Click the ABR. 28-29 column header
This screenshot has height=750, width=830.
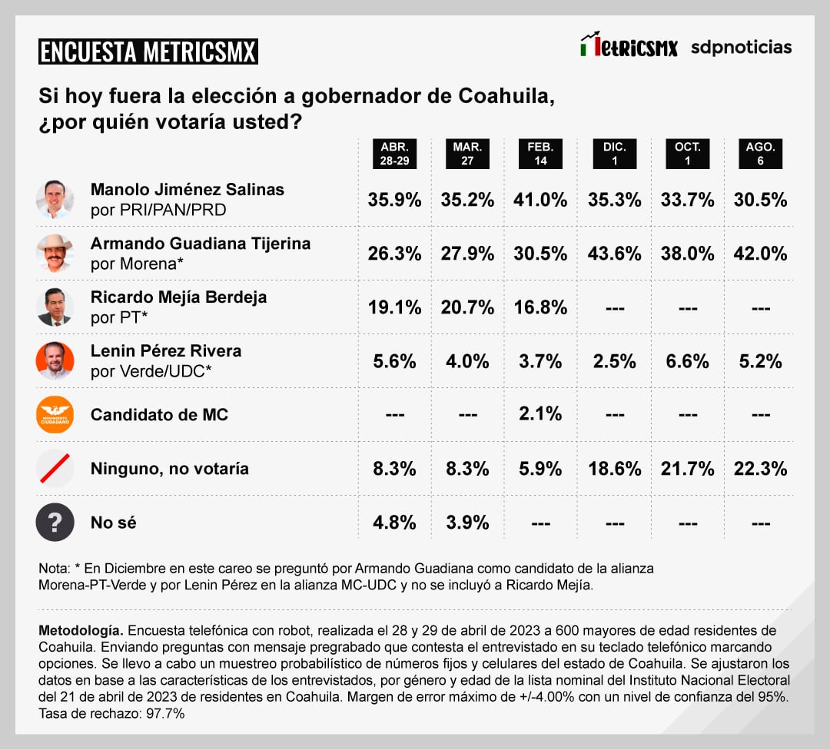(x=394, y=154)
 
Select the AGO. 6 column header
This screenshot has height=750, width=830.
(x=760, y=154)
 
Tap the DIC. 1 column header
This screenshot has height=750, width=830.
(x=615, y=154)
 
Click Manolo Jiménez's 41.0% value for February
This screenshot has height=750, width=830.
(x=540, y=200)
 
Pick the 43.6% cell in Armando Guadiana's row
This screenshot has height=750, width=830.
(x=614, y=254)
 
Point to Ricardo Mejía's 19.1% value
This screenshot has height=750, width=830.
(x=394, y=307)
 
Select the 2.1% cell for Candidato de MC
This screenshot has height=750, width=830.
(x=540, y=414)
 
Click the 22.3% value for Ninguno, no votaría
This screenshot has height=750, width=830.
(x=760, y=468)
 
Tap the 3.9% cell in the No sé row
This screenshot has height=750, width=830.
(x=466, y=522)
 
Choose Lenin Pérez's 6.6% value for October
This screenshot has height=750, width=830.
(x=687, y=361)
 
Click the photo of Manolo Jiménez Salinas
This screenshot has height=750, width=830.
(x=55, y=200)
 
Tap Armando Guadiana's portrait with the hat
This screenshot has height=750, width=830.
(x=55, y=254)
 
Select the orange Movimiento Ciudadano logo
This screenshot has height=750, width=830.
(x=55, y=414)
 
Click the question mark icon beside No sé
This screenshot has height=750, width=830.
(x=55, y=522)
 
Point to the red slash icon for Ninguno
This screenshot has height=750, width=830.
(x=55, y=468)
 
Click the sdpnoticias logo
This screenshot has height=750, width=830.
(x=741, y=48)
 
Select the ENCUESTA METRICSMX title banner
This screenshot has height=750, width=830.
(x=148, y=52)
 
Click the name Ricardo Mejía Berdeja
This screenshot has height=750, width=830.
(x=178, y=297)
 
